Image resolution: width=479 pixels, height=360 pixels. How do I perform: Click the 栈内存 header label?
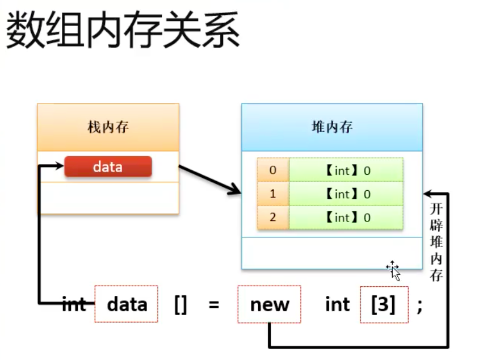108,127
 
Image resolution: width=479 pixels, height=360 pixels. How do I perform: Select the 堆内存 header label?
332,127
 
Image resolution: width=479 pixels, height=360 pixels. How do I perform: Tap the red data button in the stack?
108,167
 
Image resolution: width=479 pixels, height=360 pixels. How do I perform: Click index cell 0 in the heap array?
273,170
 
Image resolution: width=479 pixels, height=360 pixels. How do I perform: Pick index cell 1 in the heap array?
273,194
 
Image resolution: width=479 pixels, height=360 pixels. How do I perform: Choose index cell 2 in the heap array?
273,217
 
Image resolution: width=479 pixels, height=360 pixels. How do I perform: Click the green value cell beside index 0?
347,170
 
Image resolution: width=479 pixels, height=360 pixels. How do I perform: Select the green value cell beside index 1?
347,194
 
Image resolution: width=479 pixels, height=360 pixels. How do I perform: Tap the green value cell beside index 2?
347,217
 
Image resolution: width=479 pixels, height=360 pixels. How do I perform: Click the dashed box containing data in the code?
127,304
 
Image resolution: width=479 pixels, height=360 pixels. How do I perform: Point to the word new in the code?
270,304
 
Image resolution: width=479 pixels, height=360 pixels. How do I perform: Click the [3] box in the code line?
384,304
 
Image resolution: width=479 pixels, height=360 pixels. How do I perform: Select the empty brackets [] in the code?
180,305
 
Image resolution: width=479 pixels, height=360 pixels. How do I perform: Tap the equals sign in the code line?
213,305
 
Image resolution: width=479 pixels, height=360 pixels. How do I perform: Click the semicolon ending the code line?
419,305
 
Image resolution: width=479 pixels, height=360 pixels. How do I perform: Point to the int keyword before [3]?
337,304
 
